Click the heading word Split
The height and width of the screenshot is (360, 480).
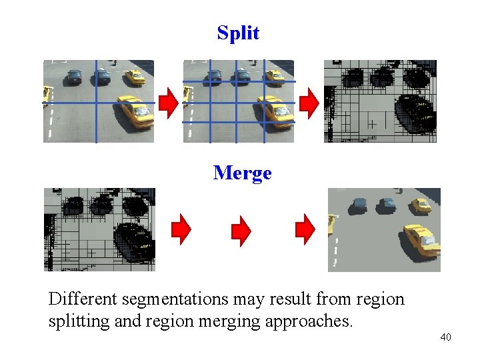click(x=238, y=33)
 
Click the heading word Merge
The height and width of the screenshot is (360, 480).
click(x=243, y=173)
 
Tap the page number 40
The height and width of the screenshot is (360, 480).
click(x=445, y=337)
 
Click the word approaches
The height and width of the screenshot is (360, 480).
click(x=309, y=321)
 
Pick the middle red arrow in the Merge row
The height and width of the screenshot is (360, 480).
click(x=241, y=230)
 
